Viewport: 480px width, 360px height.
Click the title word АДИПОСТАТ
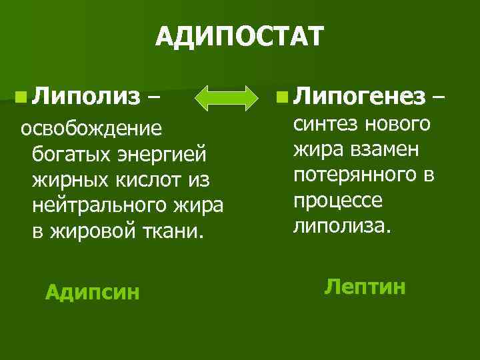click(240, 36)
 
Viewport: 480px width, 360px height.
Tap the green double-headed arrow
click(229, 99)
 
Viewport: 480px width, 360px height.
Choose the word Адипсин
click(92, 291)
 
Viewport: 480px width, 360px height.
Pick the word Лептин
click(365, 287)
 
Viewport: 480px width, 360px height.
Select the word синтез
click(324, 124)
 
